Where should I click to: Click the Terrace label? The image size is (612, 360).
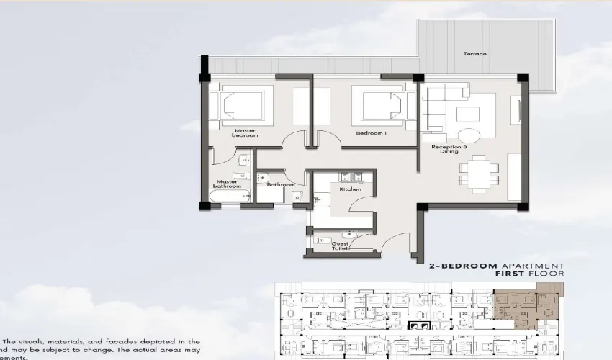[x=474, y=54]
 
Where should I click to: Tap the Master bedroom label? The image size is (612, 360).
[x=245, y=133]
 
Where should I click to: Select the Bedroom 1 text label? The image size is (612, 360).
[x=372, y=133]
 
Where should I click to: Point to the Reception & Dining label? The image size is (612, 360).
[x=449, y=150]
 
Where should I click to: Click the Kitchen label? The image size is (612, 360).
[x=350, y=189]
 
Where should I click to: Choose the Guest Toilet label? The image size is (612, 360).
[x=340, y=246]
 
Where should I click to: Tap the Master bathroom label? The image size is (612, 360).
[x=227, y=185]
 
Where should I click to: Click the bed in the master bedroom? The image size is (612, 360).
[x=241, y=106]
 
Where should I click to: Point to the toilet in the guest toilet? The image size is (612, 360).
[x=319, y=238]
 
